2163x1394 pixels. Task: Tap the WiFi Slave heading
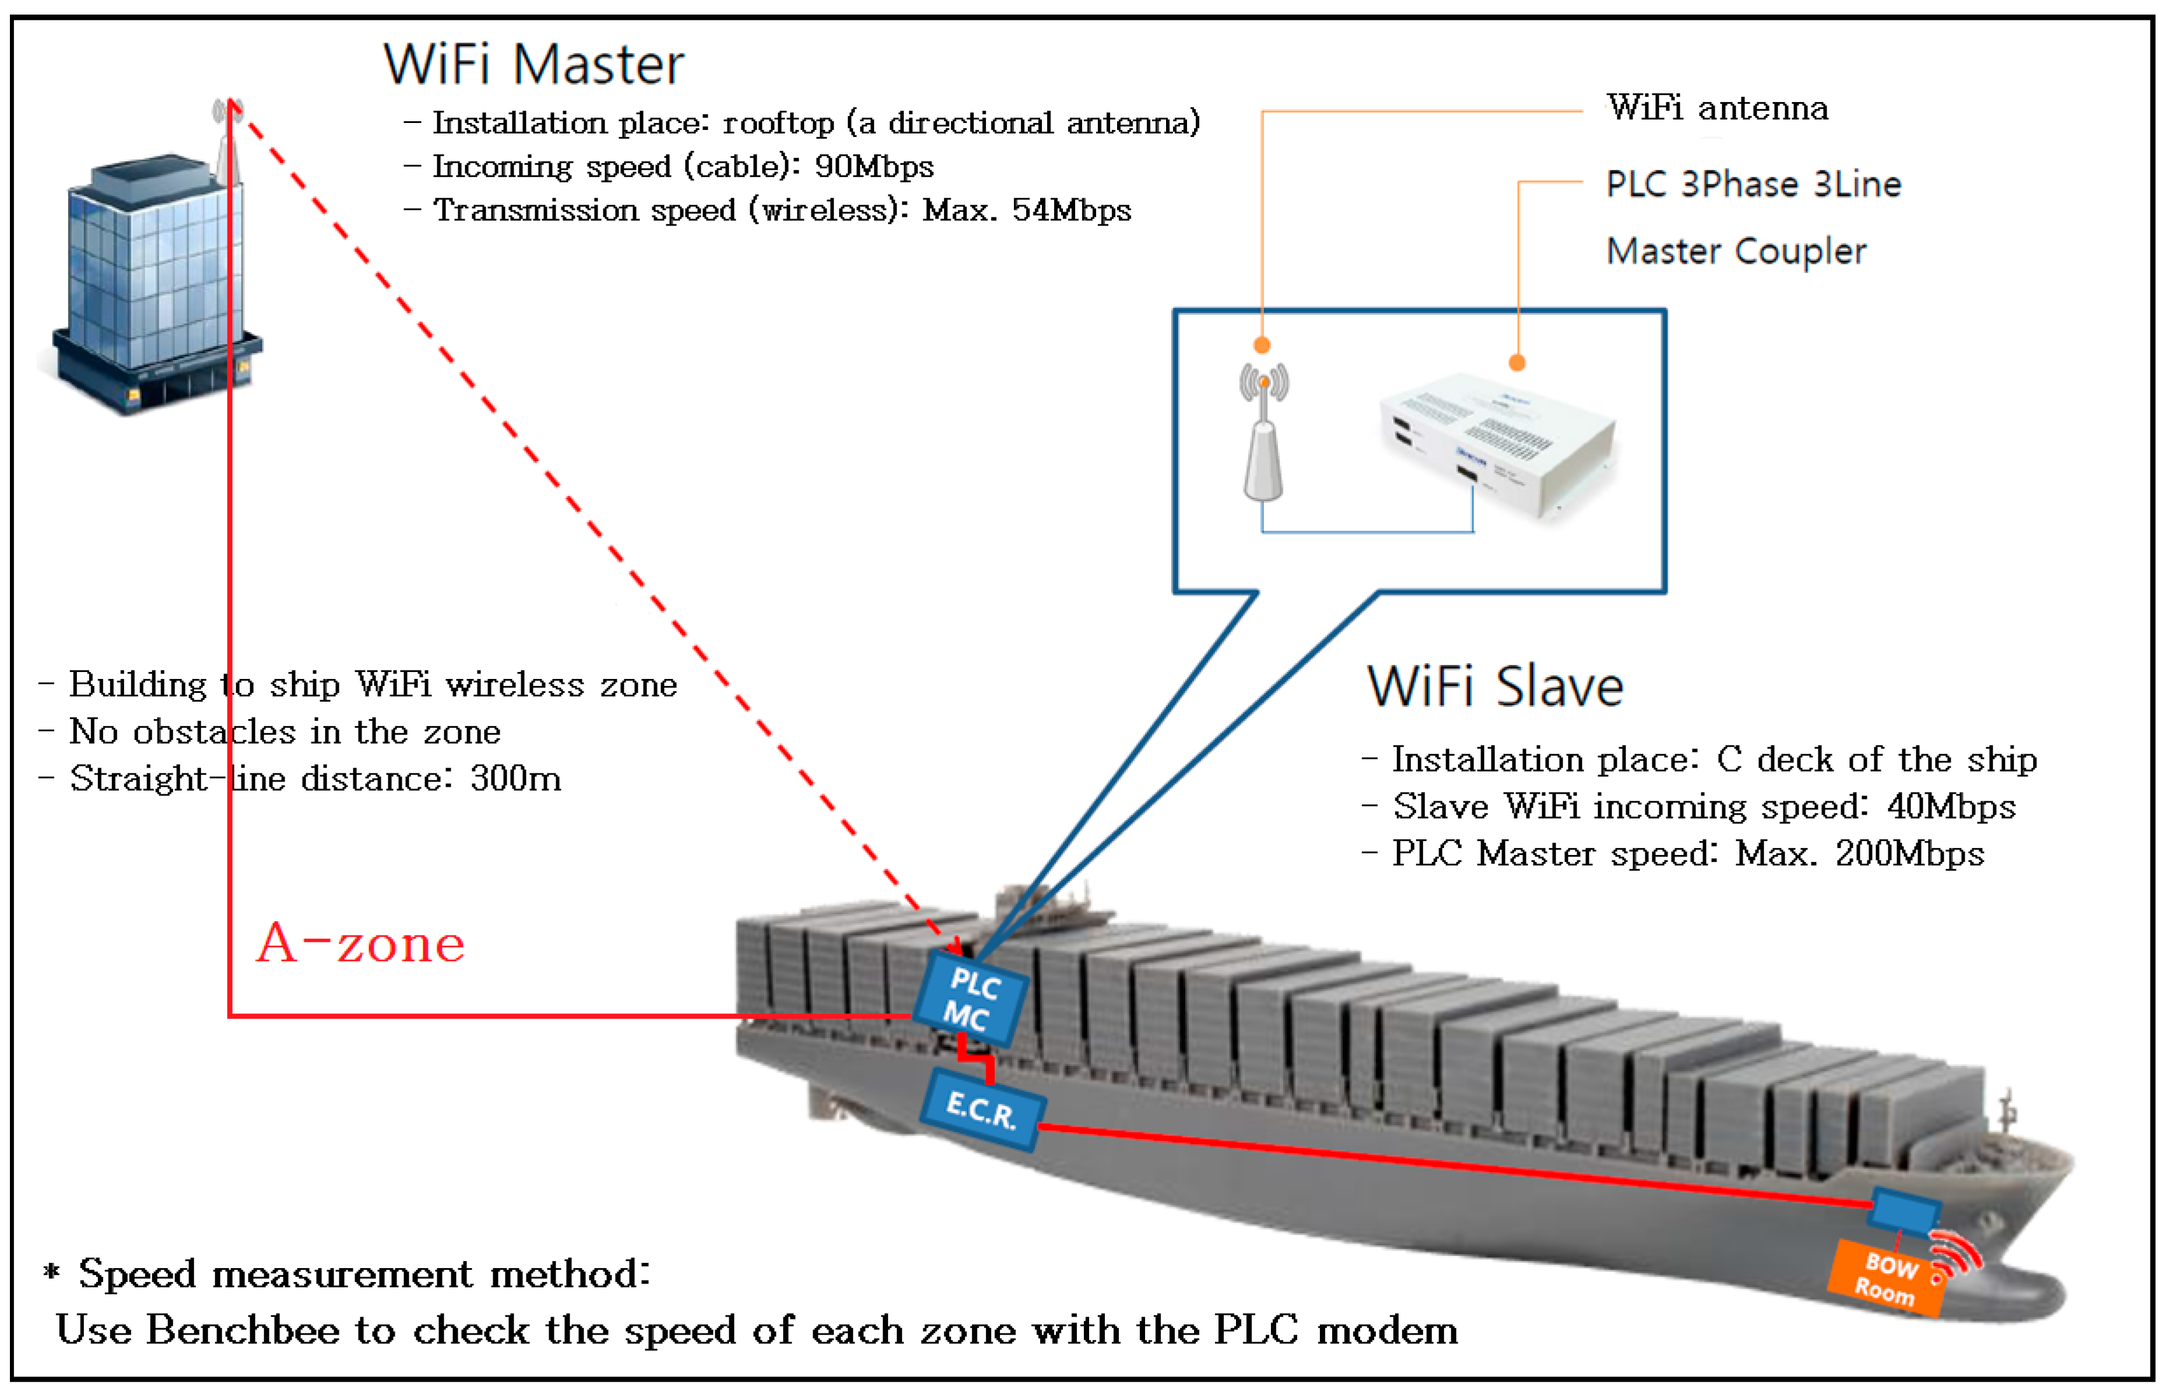click(1494, 686)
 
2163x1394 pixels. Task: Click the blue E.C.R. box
click(982, 1109)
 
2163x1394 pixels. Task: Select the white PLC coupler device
click(1494, 443)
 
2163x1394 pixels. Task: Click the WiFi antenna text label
click(1716, 108)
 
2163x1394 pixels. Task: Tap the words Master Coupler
click(1734, 251)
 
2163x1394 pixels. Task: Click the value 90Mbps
click(874, 167)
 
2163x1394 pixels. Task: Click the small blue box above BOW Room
click(1905, 1209)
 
